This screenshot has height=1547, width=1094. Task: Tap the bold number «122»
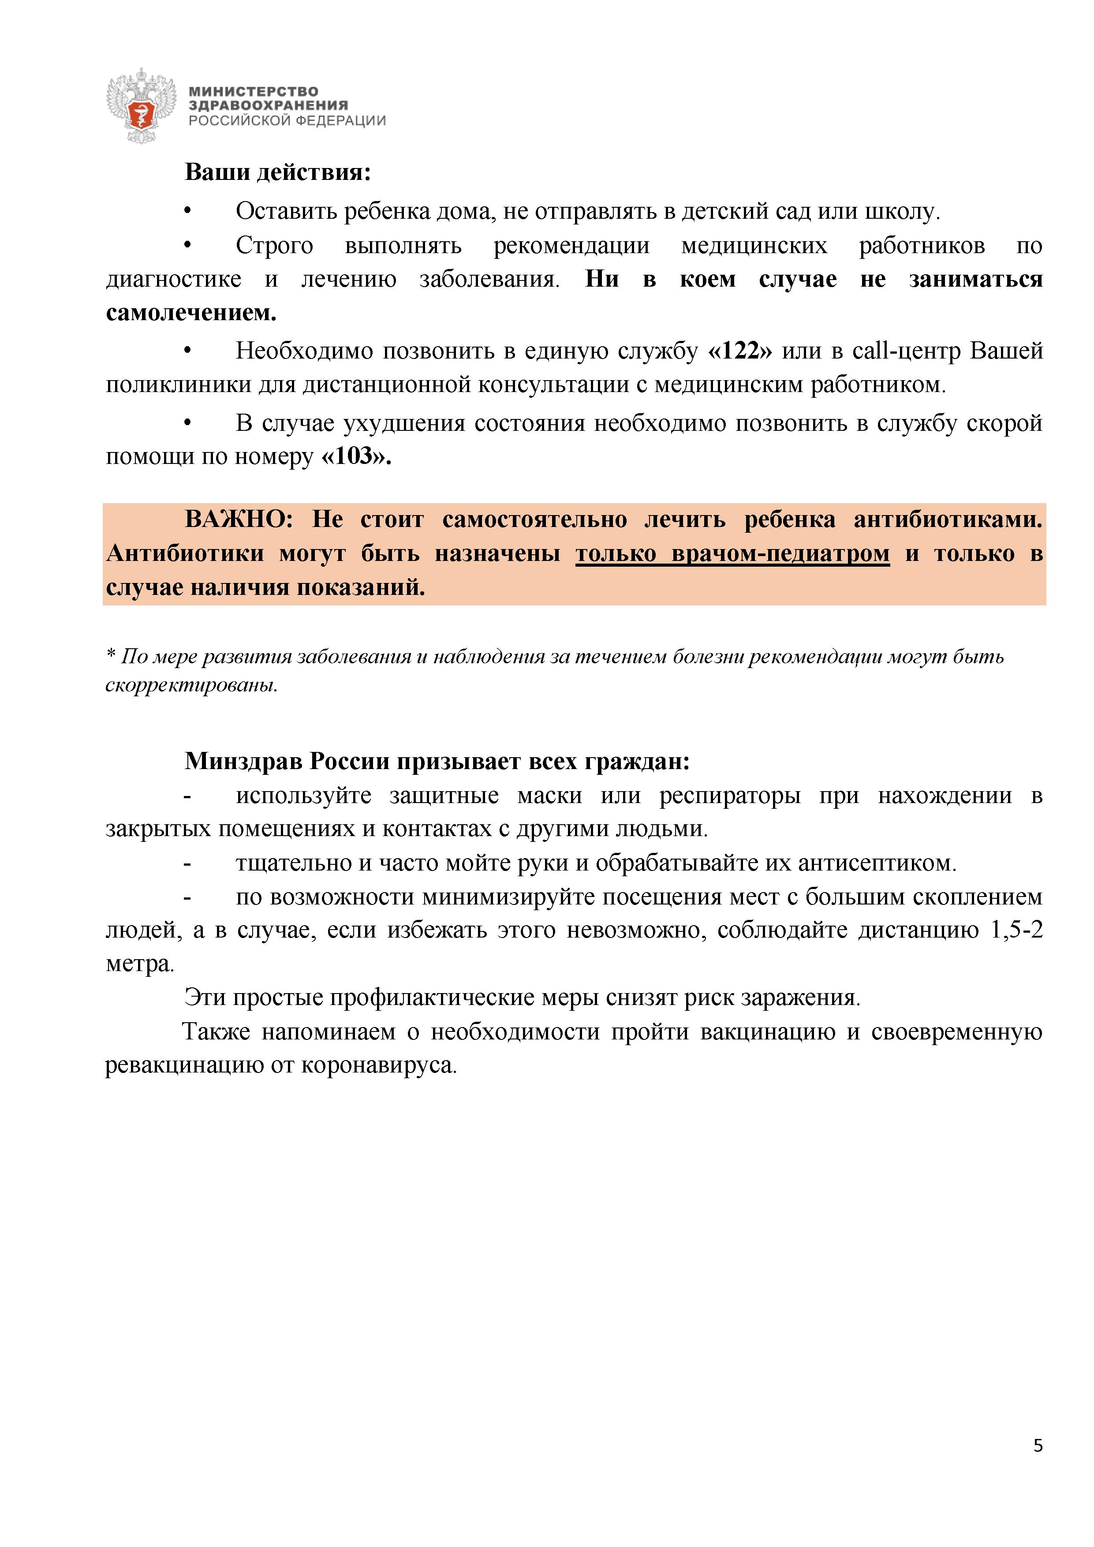point(740,351)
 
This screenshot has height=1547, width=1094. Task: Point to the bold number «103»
point(356,457)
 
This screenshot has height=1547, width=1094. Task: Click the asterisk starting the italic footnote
point(111,656)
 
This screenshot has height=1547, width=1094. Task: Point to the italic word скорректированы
point(191,685)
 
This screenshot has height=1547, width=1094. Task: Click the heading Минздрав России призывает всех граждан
point(437,761)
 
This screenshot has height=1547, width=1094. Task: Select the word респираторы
point(730,796)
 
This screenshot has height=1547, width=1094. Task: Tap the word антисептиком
point(877,863)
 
